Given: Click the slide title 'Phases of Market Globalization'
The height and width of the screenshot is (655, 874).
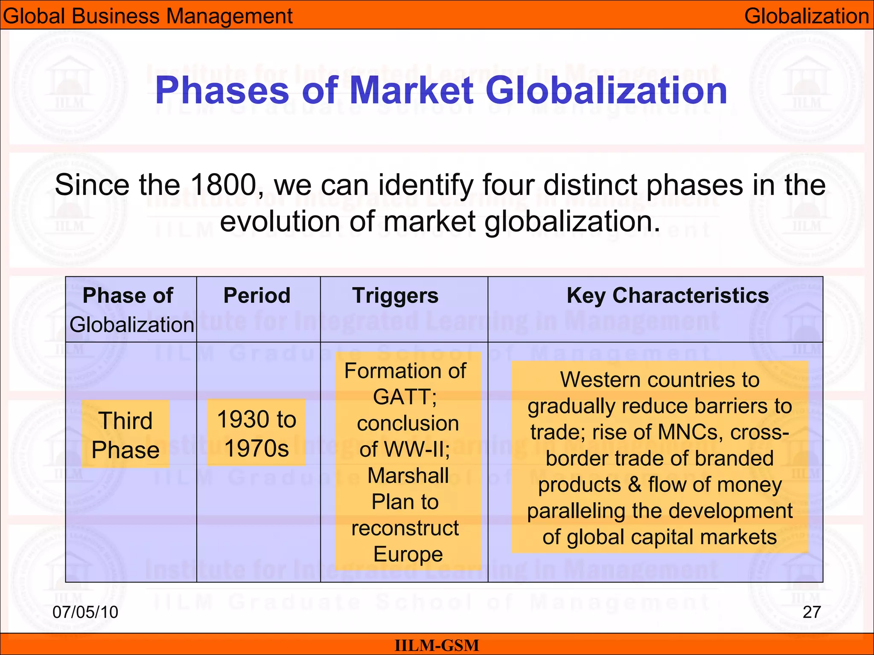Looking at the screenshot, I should click(x=441, y=90).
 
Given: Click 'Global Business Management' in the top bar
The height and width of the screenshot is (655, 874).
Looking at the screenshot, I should click(x=147, y=16).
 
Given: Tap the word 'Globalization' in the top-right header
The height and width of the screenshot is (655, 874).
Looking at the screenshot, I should click(x=806, y=16).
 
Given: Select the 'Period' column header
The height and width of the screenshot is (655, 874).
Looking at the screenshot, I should click(x=257, y=296).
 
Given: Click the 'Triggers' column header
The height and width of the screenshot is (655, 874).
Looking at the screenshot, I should click(x=395, y=296).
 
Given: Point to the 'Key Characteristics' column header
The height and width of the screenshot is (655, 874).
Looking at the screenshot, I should click(x=667, y=296).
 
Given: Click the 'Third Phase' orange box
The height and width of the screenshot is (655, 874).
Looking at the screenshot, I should click(x=125, y=435).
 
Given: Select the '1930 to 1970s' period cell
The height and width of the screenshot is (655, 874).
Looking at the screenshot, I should click(x=256, y=433).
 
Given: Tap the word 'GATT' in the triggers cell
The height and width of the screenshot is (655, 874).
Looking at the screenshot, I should click(x=402, y=397).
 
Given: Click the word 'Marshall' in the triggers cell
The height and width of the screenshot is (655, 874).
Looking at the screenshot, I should click(x=408, y=475).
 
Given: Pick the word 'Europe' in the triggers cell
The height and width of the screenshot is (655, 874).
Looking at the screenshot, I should click(x=408, y=554).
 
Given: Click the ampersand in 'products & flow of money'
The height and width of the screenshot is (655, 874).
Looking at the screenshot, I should click(x=634, y=485).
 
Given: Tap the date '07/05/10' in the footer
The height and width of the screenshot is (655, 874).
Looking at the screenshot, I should click(x=85, y=612).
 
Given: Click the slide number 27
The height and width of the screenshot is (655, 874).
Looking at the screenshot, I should click(x=811, y=612).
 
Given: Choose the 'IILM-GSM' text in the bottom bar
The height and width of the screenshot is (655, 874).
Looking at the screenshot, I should click(x=437, y=645).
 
